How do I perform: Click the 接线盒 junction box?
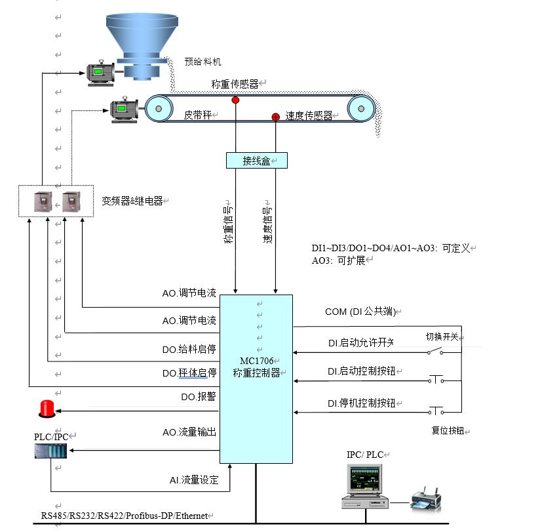pyautogui.click(x=256, y=160)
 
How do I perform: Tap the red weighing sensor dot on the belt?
pyautogui.click(x=235, y=100)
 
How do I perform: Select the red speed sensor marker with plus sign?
pyautogui.click(x=276, y=117)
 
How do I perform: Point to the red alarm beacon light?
pyautogui.click(x=47, y=409)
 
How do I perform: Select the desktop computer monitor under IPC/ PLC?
pyautogui.click(x=364, y=480)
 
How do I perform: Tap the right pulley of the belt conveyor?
pyautogui.click(x=361, y=108)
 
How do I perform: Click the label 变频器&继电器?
pyautogui.click(x=132, y=201)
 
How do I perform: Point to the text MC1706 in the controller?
pyautogui.click(x=256, y=361)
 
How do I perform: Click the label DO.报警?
pyautogui.click(x=198, y=397)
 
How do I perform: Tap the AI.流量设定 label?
pyautogui.click(x=193, y=480)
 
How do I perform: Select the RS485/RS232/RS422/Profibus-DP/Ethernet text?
pyautogui.click(x=125, y=516)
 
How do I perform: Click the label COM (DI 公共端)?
pyautogui.click(x=361, y=312)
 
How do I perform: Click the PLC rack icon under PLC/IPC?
pyautogui.click(x=50, y=451)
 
